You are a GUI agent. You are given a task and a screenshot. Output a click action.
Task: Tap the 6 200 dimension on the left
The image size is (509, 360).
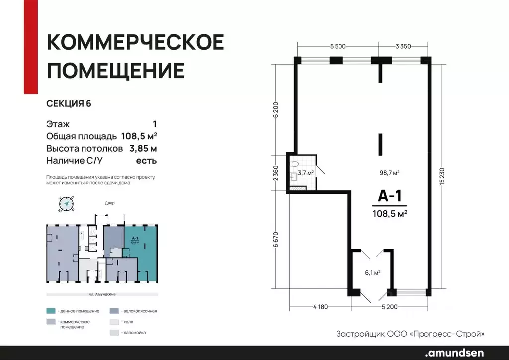pos(275,109)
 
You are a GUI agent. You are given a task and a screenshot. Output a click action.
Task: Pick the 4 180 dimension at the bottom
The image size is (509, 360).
pos(320,306)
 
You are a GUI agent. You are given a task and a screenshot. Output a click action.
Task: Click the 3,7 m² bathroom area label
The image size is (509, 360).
pos(305,173)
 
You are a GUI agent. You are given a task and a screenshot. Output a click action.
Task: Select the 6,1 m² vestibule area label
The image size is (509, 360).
pos(373,272)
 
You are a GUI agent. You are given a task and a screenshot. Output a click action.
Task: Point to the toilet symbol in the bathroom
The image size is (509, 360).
pos(295,163)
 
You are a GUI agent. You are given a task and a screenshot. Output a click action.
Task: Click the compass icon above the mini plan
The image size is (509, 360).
pos(66,203)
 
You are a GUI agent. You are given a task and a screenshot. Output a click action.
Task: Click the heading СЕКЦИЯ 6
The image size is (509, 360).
pos(69,103)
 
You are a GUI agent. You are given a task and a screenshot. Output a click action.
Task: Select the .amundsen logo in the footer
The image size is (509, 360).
pos(456,353)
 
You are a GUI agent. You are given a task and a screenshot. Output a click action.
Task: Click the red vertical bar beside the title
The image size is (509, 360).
pos(31,47)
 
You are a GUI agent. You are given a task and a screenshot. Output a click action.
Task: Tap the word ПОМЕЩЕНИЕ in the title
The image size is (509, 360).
pos(116,71)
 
